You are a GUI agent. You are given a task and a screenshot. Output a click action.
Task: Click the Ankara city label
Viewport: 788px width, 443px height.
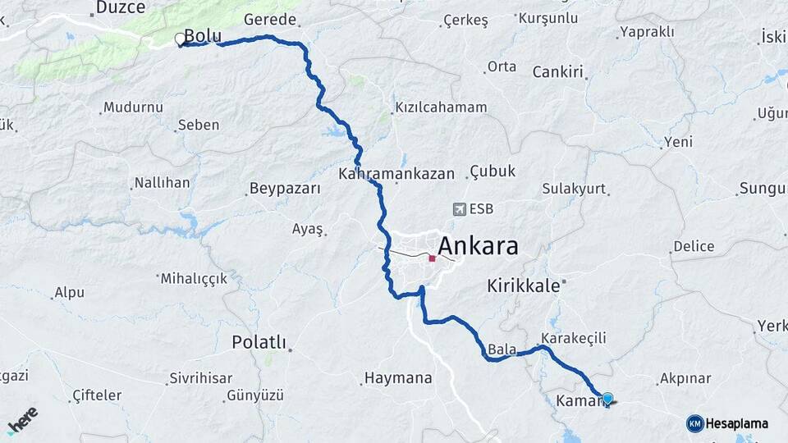pos(478,245)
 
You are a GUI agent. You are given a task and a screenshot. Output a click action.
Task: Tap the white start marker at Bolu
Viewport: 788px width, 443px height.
pos(180,39)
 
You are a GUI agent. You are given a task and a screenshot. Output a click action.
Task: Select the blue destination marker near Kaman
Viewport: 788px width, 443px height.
pos(607,400)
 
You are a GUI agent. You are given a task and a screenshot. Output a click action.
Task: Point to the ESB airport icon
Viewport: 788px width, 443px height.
pos(458,209)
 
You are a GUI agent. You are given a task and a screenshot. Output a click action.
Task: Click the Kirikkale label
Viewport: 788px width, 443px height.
pos(523,285)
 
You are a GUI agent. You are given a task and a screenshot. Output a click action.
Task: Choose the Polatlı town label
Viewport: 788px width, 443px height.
pos(259,341)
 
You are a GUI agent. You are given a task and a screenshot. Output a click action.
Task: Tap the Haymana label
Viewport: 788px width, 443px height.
pos(397,378)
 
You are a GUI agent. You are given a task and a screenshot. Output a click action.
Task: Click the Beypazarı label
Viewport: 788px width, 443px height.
pos(284,189)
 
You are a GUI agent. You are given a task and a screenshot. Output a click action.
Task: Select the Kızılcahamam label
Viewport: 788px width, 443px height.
pos(441,107)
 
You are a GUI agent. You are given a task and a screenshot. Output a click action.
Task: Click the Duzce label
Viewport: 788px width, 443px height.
pos(120,7)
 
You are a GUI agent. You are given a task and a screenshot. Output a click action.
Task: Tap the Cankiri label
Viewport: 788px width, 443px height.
pos(557,71)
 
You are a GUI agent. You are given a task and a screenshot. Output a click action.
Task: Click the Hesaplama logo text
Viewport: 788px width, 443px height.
pos(736,423)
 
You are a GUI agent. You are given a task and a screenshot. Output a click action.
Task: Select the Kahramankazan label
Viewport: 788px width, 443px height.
pos(396,174)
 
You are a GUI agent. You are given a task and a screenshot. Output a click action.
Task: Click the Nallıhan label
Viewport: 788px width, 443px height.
pos(162,183)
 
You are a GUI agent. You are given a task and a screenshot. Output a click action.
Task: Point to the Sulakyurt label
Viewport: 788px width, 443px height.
pos(574,189)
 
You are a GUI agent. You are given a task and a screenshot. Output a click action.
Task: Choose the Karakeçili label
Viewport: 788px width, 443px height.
pos(573,337)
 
